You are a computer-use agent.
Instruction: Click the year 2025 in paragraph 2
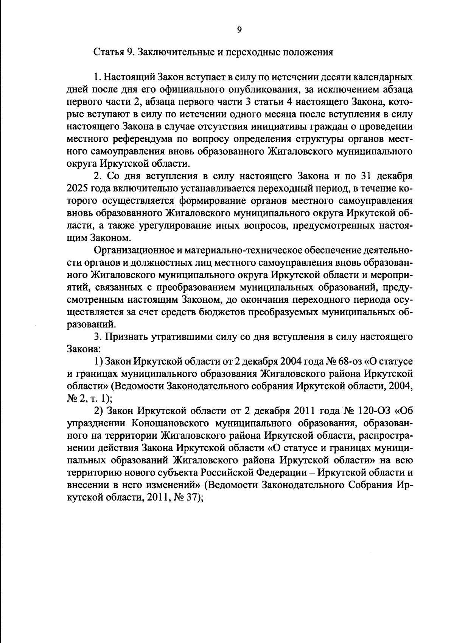click(x=77, y=188)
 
